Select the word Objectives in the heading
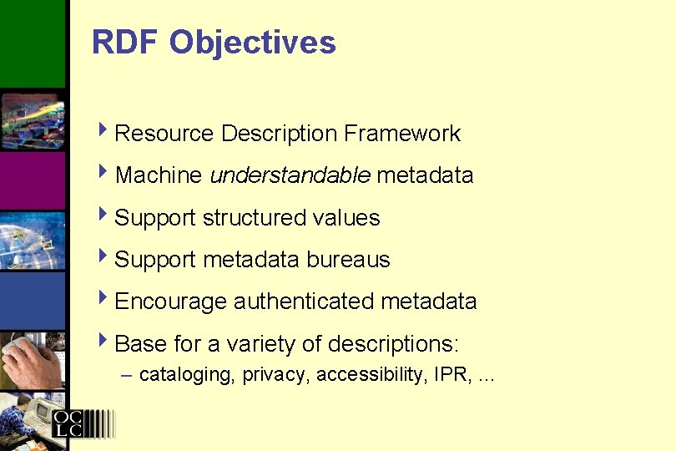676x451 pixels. tap(252, 43)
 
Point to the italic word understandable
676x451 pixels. tap(290, 175)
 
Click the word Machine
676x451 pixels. tap(159, 175)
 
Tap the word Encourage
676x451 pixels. tap(170, 302)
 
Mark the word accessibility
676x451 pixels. tap(372, 375)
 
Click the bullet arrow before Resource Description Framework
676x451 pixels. tap(103, 132)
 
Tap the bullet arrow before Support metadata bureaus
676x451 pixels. tap(103, 258)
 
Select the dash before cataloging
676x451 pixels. tap(126, 375)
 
